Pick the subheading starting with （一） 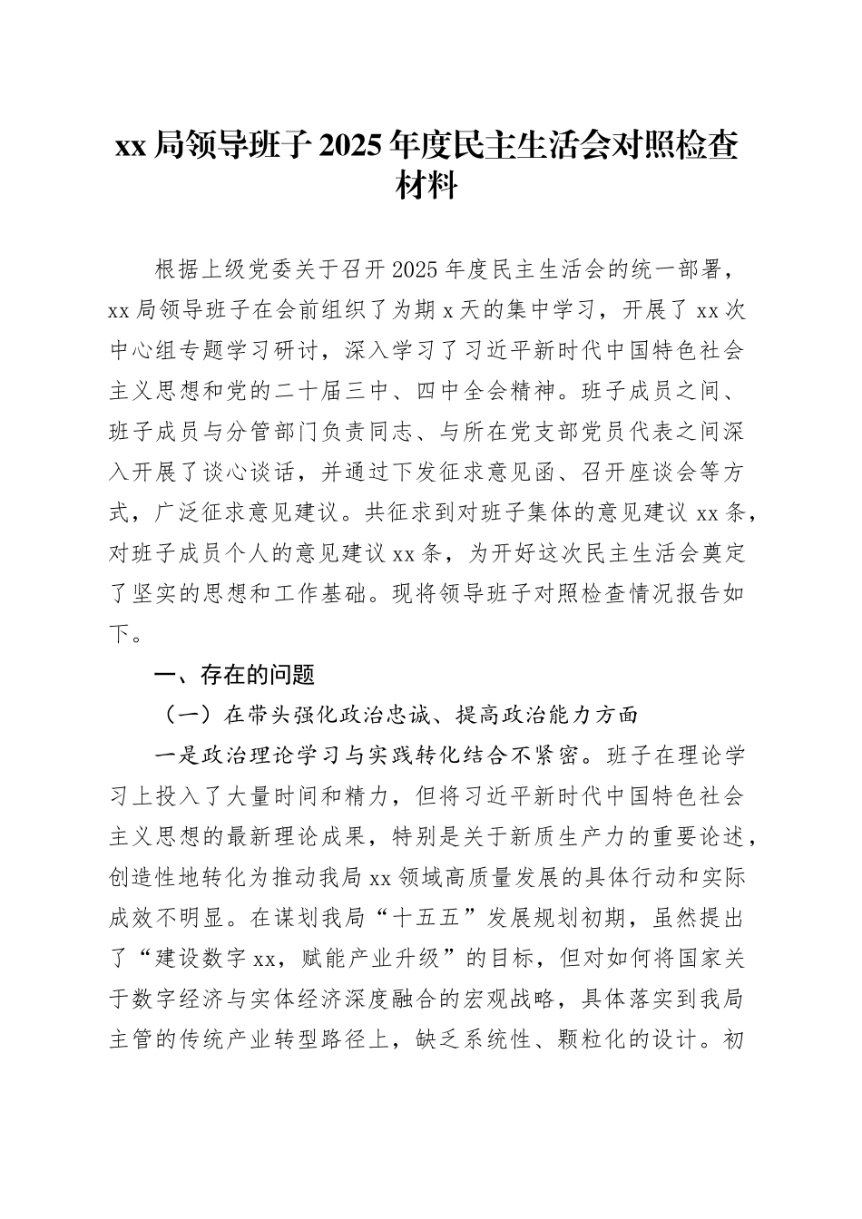(399, 715)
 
